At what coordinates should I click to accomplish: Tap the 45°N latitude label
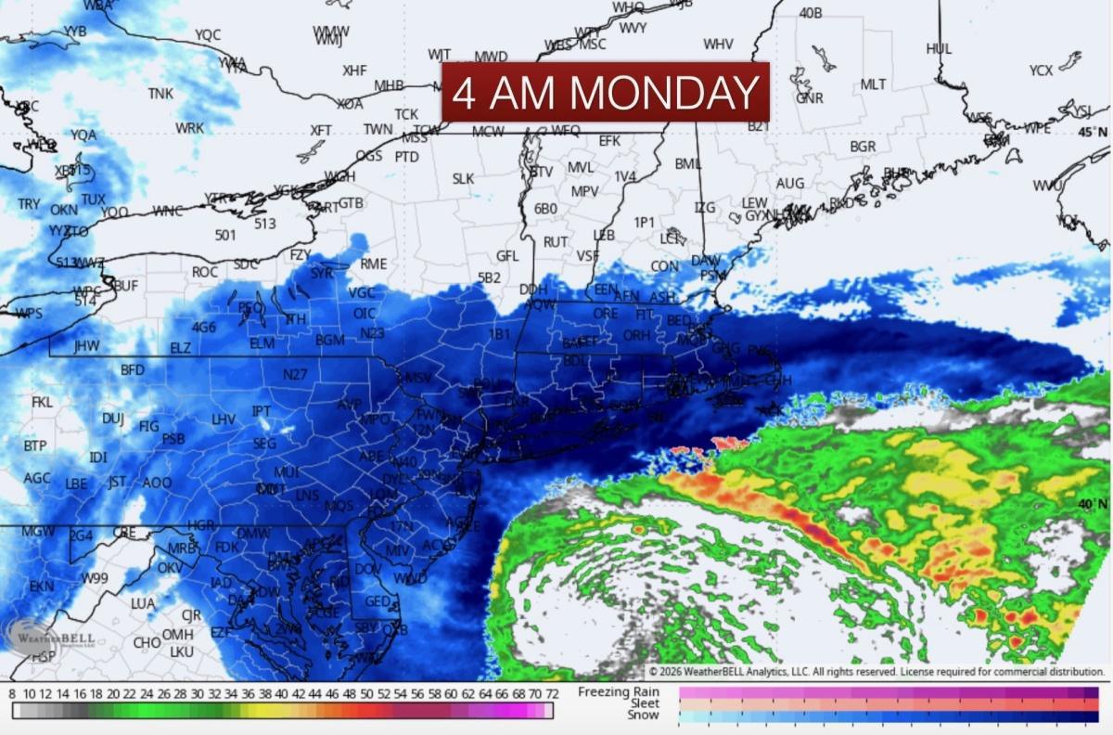1093,133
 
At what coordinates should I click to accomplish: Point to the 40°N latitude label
1093,503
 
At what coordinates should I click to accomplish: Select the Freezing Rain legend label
619,691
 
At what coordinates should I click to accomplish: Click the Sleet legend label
645,703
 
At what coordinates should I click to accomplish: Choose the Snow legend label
644,716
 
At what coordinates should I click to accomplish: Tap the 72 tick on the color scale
551,693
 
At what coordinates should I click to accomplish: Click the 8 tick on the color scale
12,693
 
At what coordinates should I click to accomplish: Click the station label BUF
124,286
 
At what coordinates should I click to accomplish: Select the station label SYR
321,273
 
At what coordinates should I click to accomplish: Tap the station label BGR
863,147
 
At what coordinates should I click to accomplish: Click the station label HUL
939,48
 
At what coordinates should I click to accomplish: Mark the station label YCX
1041,71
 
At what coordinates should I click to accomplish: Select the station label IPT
262,411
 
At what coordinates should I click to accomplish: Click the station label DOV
368,568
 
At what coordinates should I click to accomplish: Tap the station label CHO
147,642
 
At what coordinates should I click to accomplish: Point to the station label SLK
463,178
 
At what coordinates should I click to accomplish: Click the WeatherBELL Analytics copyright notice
876,671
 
